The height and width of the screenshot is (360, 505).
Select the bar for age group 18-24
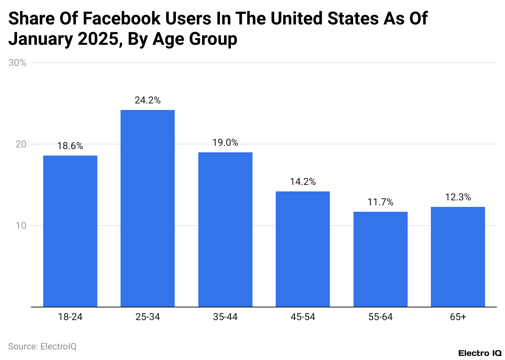click(70, 231)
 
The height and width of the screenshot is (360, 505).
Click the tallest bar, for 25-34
click(147, 208)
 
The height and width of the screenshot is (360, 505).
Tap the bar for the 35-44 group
click(225, 229)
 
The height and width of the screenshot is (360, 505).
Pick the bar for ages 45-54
click(303, 249)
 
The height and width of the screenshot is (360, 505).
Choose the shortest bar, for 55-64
click(380, 259)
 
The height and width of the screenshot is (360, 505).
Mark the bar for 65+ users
click(458, 257)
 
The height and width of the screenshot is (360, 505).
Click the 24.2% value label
click(147, 100)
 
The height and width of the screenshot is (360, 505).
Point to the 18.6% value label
click(70, 146)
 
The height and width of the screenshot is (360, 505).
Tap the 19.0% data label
click(225, 143)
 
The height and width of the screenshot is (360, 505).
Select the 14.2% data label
click(303, 182)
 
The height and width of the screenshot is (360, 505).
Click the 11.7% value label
click(380, 202)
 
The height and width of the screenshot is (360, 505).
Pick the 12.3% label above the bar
click(458, 197)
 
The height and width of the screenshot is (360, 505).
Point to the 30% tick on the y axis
click(18, 63)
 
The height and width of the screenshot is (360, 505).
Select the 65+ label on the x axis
click(458, 317)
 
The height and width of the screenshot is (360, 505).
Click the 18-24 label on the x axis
click(70, 317)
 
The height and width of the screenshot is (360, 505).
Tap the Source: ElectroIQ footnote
click(42, 347)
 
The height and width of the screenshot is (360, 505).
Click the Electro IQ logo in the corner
click(479, 353)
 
